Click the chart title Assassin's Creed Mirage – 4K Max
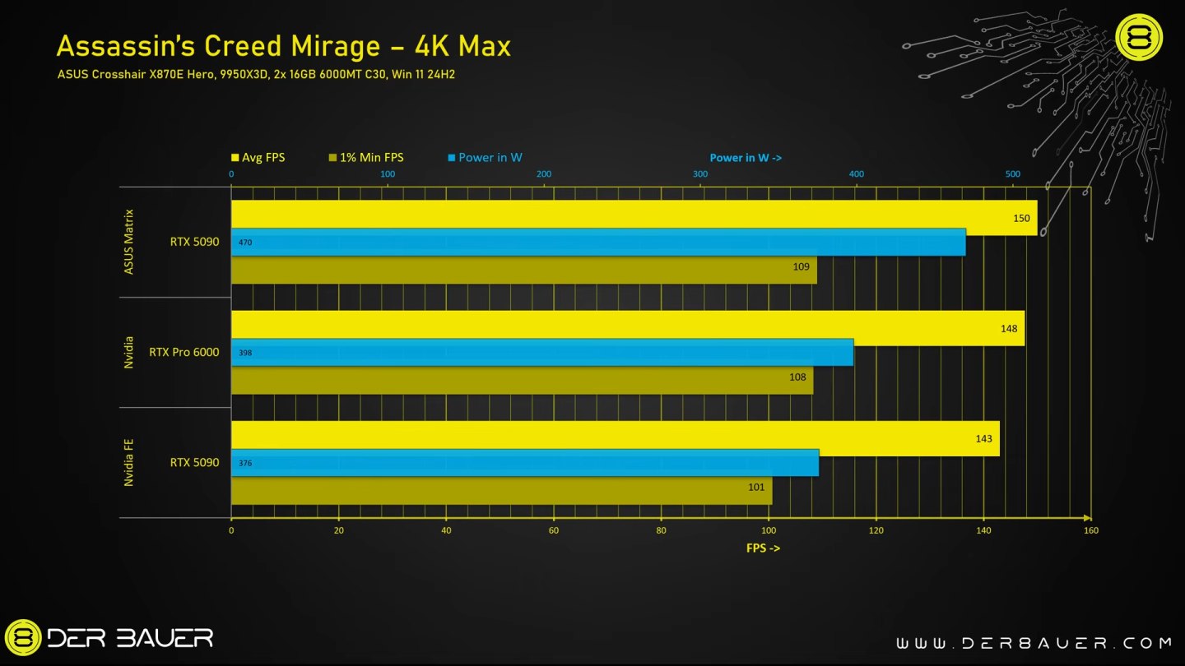point(283,46)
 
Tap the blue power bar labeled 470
point(598,243)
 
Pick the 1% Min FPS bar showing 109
point(523,271)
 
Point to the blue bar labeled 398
point(542,353)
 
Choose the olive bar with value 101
point(501,491)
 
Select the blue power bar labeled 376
point(525,463)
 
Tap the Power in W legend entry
point(485,157)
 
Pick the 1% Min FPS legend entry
point(365,157)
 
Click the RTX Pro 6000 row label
point(184,352)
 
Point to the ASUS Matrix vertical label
point(129,241)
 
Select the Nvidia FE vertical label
point(129,462)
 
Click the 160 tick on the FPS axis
point(1090,530)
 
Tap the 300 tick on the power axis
point(700,174)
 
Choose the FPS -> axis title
point(763,548)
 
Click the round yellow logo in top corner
point(1138,38)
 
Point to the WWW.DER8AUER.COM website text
point(1033,643)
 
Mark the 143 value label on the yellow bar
point(983,438)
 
